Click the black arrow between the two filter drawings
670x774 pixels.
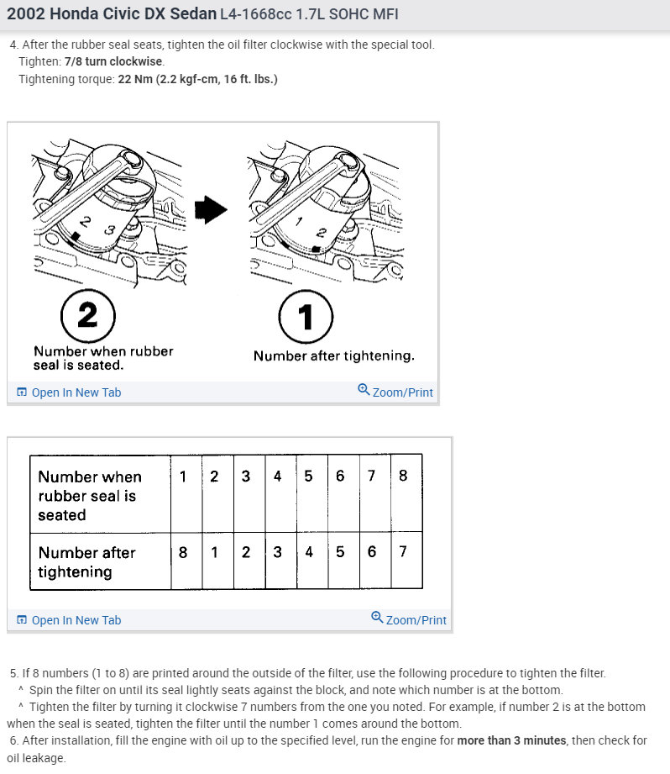(x=211, y=211)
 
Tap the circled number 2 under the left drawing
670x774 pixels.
(x=87, y=317)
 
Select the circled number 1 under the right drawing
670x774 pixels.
(x=306, y=317)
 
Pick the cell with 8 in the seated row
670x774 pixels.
(x=403, y=476)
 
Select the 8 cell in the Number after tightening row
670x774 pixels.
(x=183, y=552)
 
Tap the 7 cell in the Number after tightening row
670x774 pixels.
(x=403, y=552)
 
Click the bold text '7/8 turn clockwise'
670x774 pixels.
(x=114, y=61)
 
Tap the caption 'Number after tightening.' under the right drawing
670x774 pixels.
(x=333, y=355)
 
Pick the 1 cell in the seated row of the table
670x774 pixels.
(x=183, y=476)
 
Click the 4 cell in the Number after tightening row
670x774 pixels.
(x=309, y=552)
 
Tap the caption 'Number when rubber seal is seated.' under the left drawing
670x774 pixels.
(x=103, y=358)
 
